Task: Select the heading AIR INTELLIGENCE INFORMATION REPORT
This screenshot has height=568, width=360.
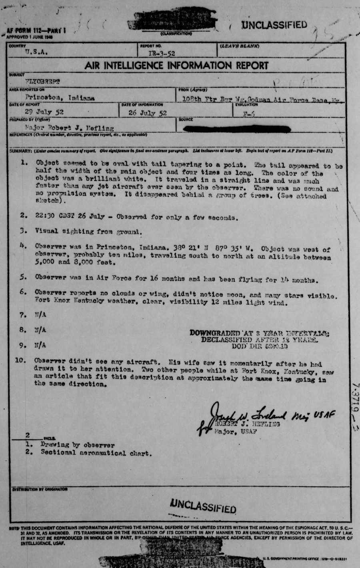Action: [x=176, y=66]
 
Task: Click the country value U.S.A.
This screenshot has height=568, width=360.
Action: [x=36, y=52]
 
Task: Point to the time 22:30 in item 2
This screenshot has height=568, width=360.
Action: [x=44, y=216]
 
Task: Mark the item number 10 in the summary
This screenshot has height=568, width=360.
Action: [x=21, y=360]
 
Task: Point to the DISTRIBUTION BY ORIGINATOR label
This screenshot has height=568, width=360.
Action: [x=40, y=489]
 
